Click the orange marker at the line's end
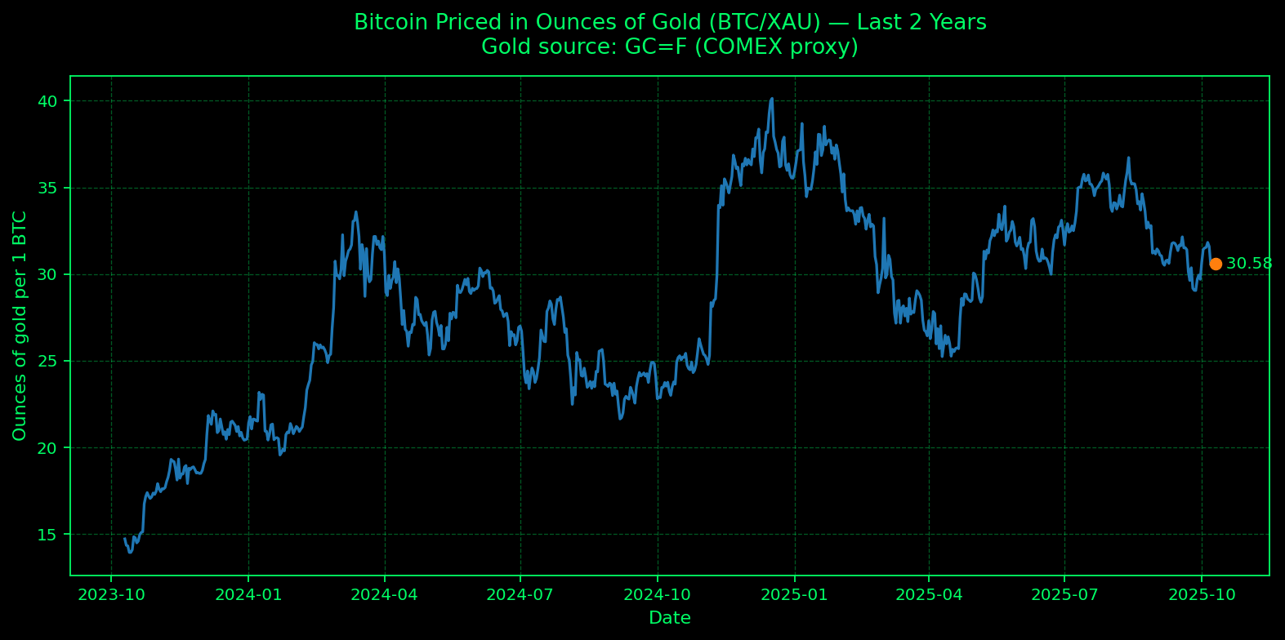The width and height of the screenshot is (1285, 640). point(1216,264)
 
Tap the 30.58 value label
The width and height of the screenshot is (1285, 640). point(1249,264)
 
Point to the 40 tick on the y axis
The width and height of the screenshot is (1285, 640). point(50,101)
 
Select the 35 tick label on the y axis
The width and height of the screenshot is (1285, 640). point(50,188)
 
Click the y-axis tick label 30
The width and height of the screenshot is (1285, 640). point(50,274)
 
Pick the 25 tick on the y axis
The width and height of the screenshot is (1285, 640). point(50,361)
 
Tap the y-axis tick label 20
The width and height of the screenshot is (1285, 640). point(50,447)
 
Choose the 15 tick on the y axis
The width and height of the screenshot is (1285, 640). point(50,535)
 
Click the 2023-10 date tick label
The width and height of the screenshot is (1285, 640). point(111,595)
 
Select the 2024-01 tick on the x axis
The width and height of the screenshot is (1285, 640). point(248,595)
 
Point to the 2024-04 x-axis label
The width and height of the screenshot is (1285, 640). point(384,595)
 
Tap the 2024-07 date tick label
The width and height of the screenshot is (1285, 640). point(520,595)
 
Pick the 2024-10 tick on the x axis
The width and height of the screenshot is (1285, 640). point(657,595)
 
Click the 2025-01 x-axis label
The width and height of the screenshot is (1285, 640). point(794,595)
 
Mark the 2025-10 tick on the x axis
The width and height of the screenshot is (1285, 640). point(1201,595)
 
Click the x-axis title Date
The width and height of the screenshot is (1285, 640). point(670,618)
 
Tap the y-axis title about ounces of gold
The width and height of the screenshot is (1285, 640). point(20,326)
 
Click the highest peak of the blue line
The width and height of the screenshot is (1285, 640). point(772,99)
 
